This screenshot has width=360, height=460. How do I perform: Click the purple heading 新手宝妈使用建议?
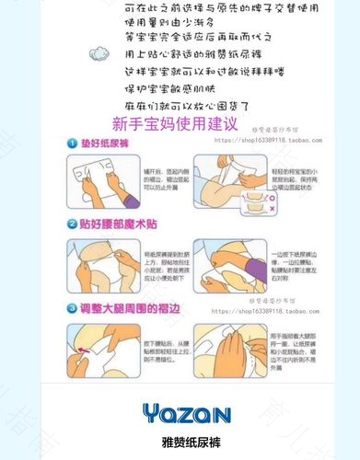pos(176,122)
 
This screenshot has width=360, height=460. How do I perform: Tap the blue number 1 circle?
pos(70,144)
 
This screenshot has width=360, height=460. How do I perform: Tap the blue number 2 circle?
pos(70,224)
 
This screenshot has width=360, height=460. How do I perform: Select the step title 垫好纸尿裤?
pos(104,144)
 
